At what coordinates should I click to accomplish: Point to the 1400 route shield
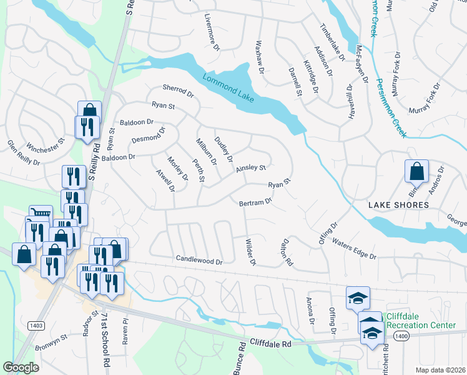(401, 336)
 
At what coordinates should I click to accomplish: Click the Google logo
(21, 367)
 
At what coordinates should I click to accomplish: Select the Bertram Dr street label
(256, 202)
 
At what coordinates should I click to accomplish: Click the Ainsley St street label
(251, 168)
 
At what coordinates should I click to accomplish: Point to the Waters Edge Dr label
(354, 249)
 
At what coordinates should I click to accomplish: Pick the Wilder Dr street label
(251, 251)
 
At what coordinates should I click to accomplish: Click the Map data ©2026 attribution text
(440, 369)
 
